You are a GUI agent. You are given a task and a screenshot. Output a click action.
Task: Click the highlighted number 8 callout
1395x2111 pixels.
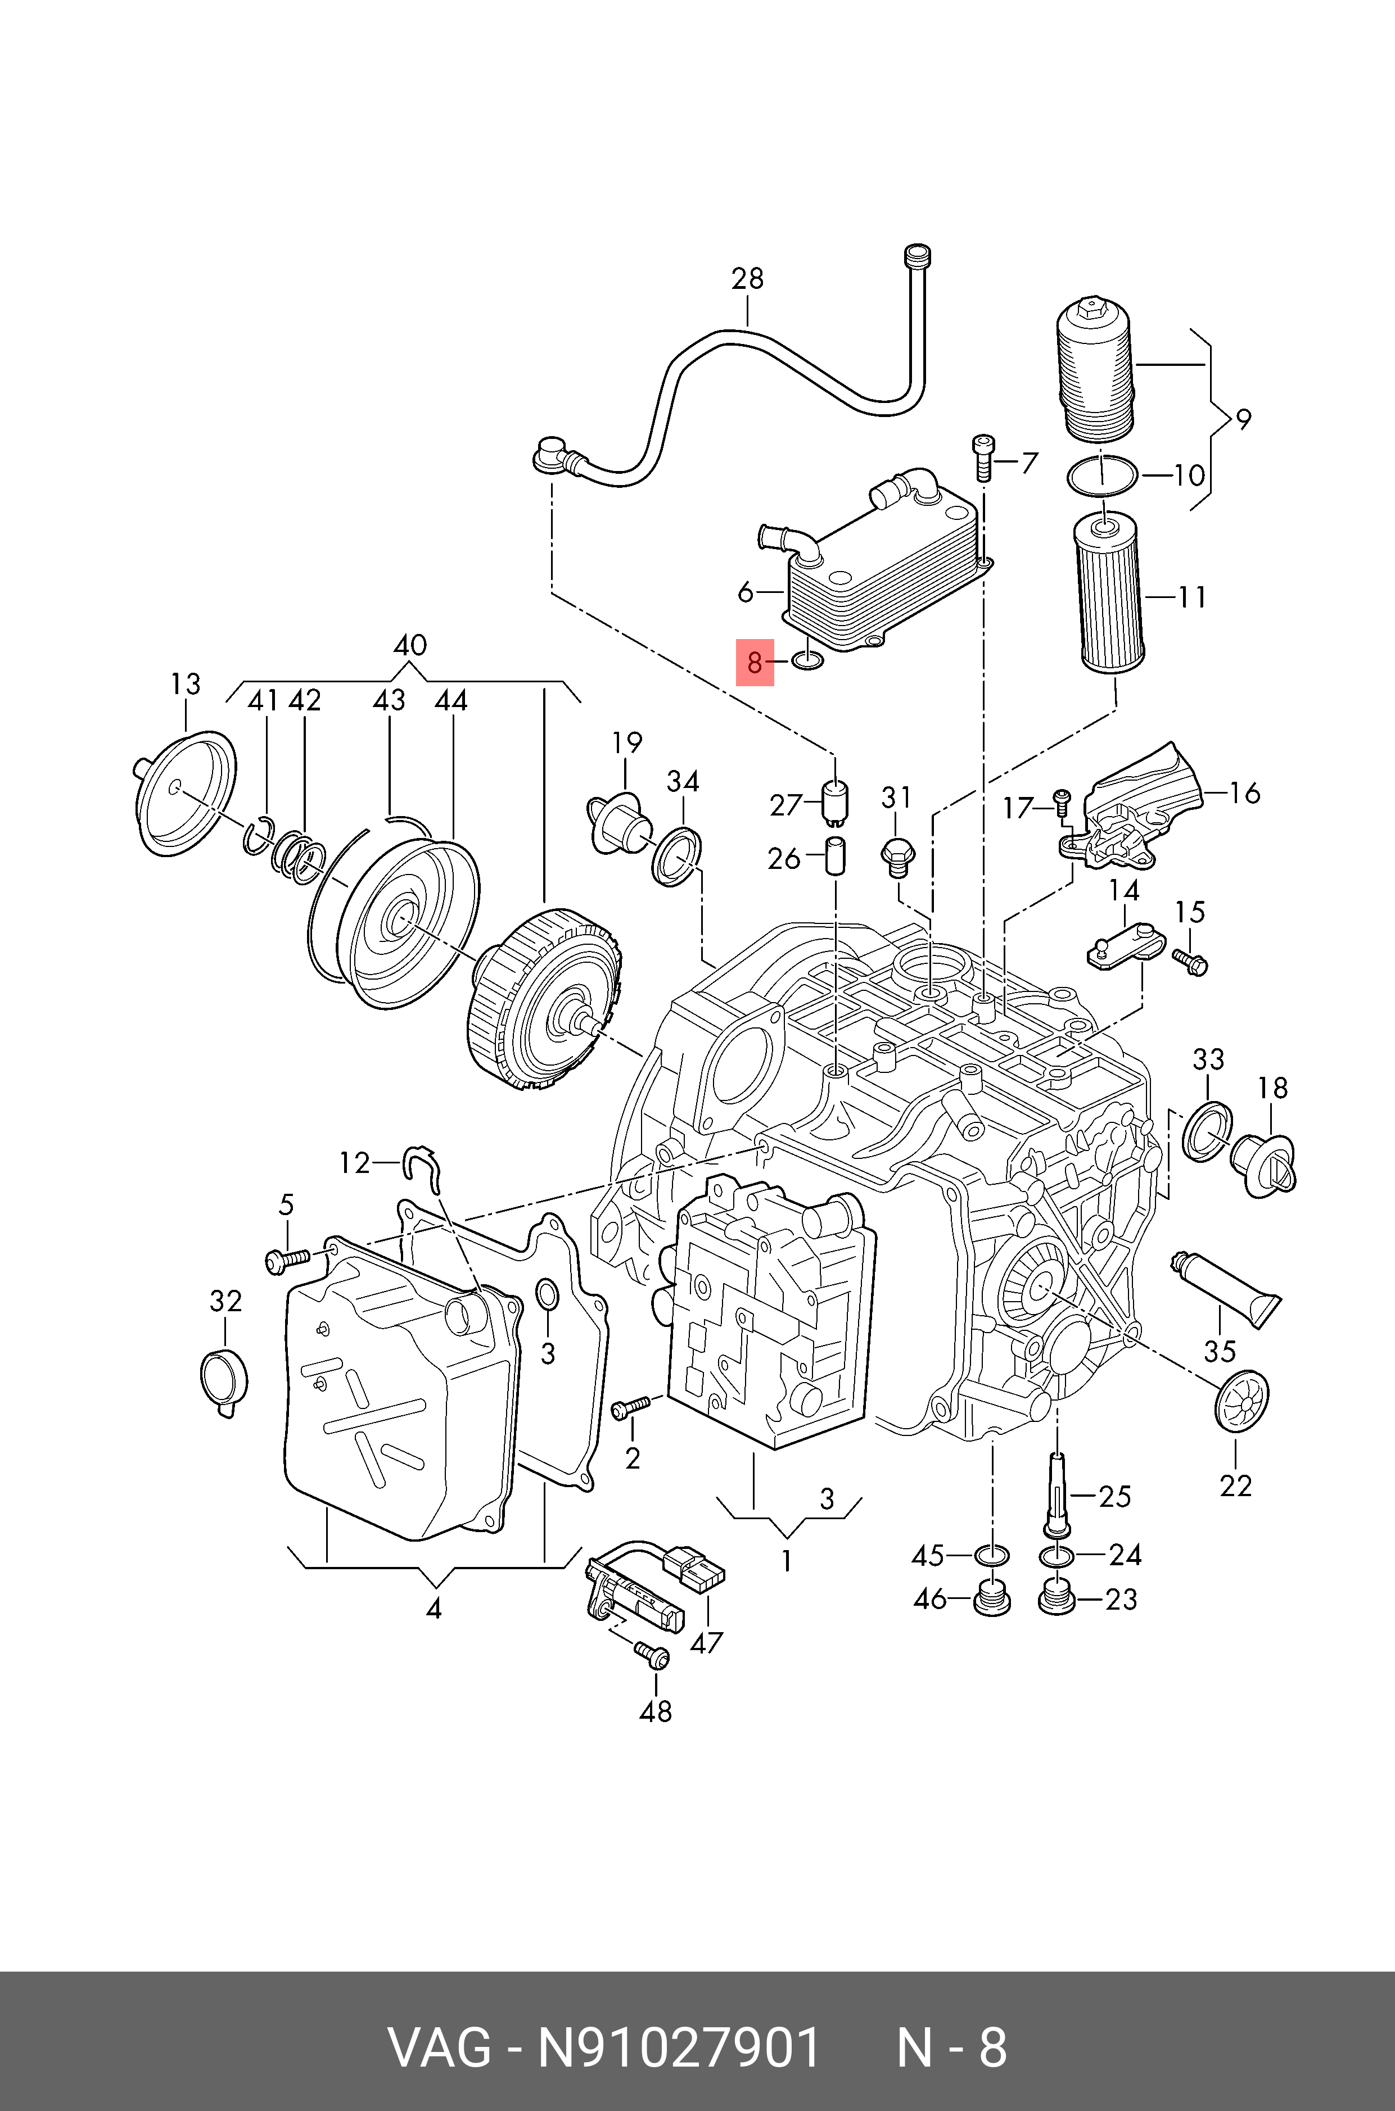point(755,663)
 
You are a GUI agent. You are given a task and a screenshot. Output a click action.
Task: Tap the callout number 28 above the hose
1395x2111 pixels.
point(747,279)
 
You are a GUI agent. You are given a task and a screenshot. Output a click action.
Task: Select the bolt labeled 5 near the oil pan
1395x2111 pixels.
point(286,1259)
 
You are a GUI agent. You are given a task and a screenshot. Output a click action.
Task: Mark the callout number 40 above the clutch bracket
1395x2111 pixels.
point(409,645)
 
